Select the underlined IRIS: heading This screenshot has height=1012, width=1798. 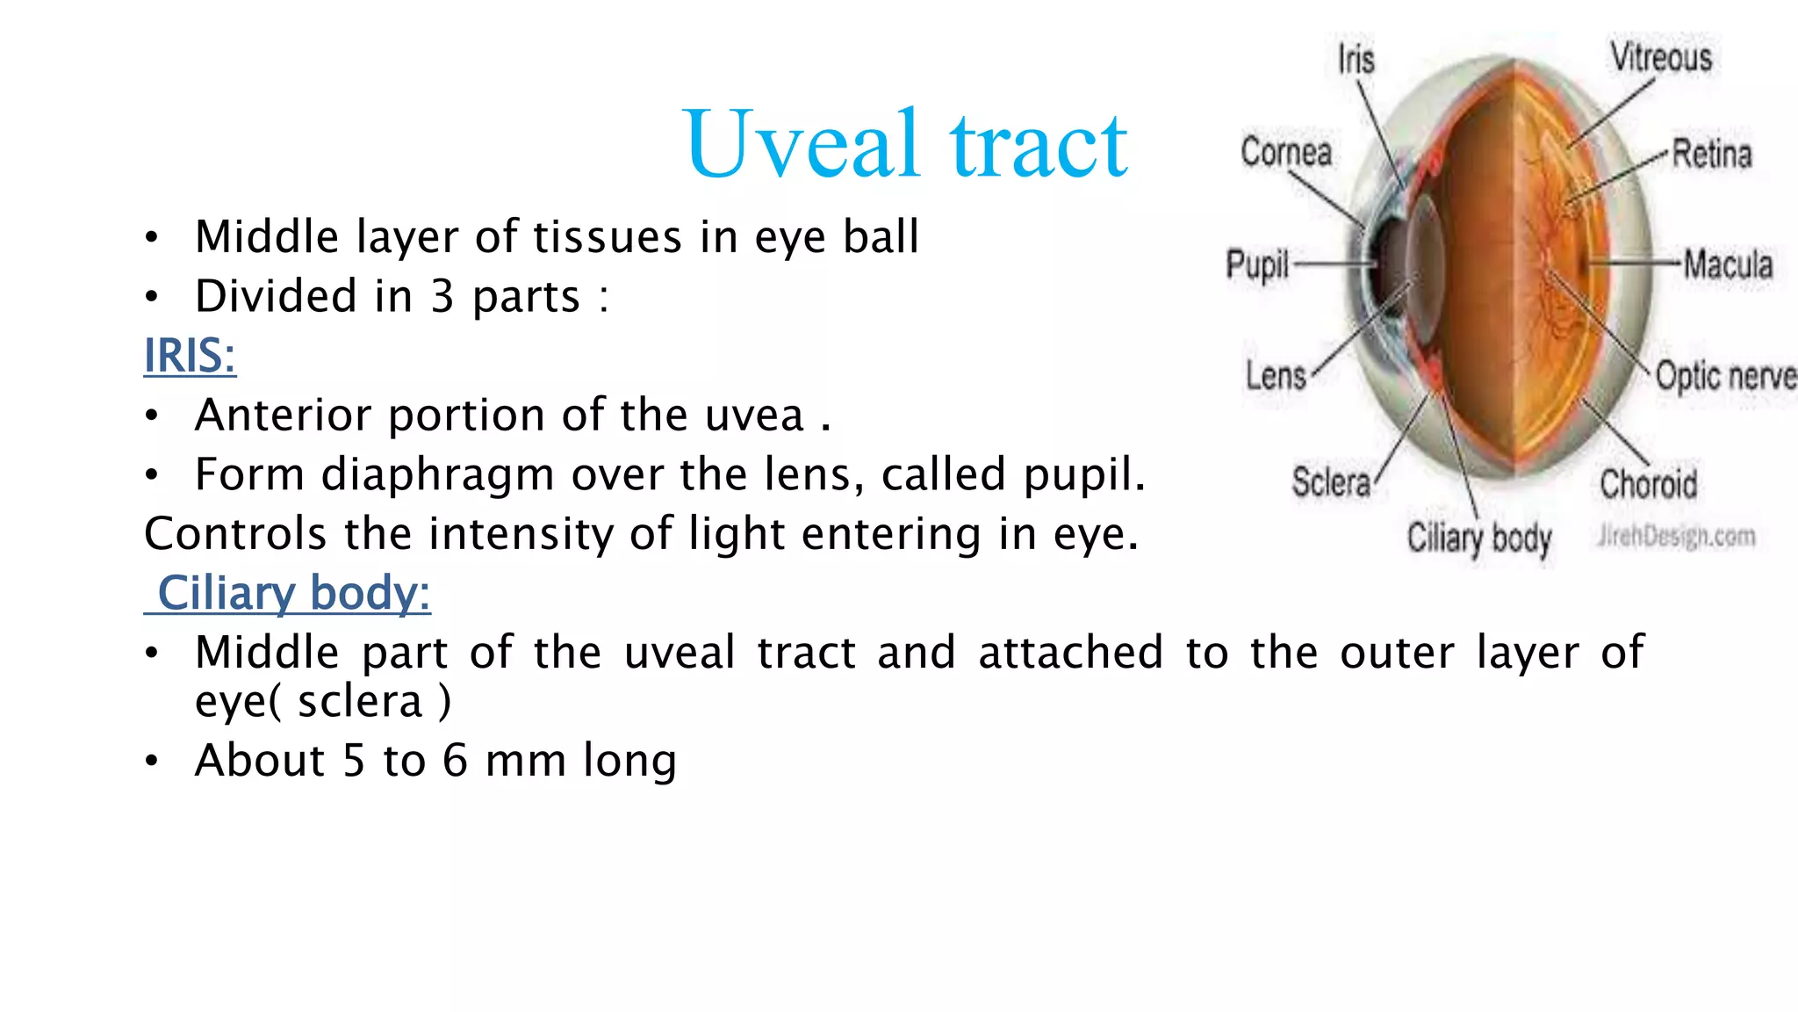click(190, 356)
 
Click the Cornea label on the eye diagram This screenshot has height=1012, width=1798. click(1286, 152)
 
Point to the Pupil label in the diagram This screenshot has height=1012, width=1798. click(1257, 264)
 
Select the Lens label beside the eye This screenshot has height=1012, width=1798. click(1276, 376)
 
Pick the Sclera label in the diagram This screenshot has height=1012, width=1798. click(1330, 482)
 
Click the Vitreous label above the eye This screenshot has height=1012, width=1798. click(1661, 58)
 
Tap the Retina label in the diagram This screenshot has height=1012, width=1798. click(1711, 154)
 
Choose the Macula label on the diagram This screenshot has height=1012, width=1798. click(1728, 264)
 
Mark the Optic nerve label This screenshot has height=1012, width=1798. click(1725, 376)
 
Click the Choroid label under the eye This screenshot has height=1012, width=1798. click(1648, 484)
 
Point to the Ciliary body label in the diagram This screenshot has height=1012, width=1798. click(1479, 538)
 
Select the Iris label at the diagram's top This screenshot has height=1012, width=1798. click(1356, 60)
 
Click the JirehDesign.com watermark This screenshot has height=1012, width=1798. click(1676, 536)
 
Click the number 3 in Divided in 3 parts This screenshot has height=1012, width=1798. click(442, 296)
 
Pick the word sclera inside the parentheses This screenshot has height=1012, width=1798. click(360, 702)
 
